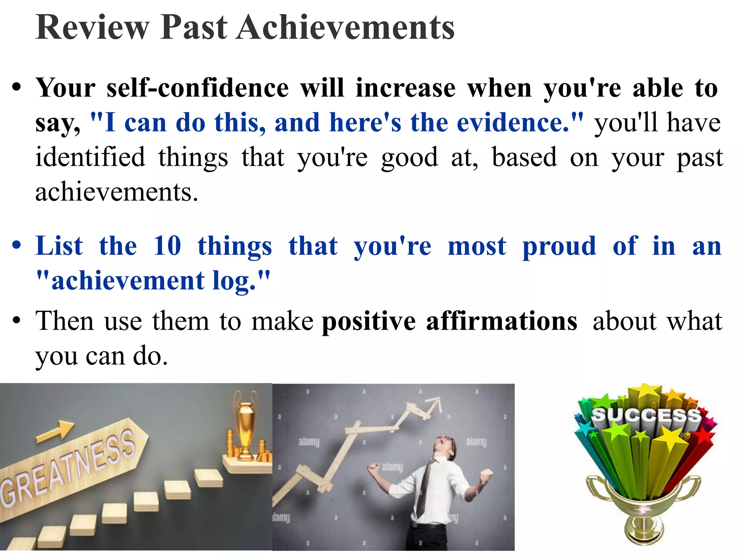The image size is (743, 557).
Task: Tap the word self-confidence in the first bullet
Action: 198,88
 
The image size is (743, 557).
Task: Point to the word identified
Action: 90,157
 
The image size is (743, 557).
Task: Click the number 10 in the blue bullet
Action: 167,246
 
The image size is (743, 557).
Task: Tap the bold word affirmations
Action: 501,321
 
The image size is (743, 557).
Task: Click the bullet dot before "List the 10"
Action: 16,245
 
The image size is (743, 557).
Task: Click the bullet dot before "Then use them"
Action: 16,321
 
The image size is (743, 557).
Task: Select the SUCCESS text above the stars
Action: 646,415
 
